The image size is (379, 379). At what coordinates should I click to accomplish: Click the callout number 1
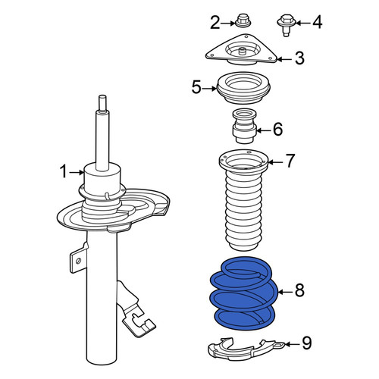click(64, 171)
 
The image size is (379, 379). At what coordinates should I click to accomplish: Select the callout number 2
click(215, 23)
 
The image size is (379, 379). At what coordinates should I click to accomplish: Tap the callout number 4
click(318, 22)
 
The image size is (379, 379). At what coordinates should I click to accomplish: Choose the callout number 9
click(306, 343)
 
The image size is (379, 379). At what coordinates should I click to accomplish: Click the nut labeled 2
click(243, 21)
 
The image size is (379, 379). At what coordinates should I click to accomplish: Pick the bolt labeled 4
click(287, 26)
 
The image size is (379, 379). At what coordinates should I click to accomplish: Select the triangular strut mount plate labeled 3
click(241, 51)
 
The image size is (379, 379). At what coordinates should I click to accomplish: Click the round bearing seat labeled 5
click(243, 88)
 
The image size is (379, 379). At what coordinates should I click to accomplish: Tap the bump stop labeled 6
click(244, 126)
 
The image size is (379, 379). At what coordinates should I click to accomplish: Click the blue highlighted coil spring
click(244, 293)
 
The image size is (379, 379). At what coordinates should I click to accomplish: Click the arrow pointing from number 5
click(209, 89)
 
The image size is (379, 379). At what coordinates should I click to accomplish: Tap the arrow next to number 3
click(285, 60)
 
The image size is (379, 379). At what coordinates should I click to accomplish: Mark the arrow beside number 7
click(275, 162)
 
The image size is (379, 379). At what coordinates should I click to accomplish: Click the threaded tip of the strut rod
click(102, 103)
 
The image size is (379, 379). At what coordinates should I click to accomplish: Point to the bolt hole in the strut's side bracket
click(78, 261)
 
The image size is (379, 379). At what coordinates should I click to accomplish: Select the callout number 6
click(278, 129)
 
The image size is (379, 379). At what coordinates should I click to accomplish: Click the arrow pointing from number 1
click(77, 172)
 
